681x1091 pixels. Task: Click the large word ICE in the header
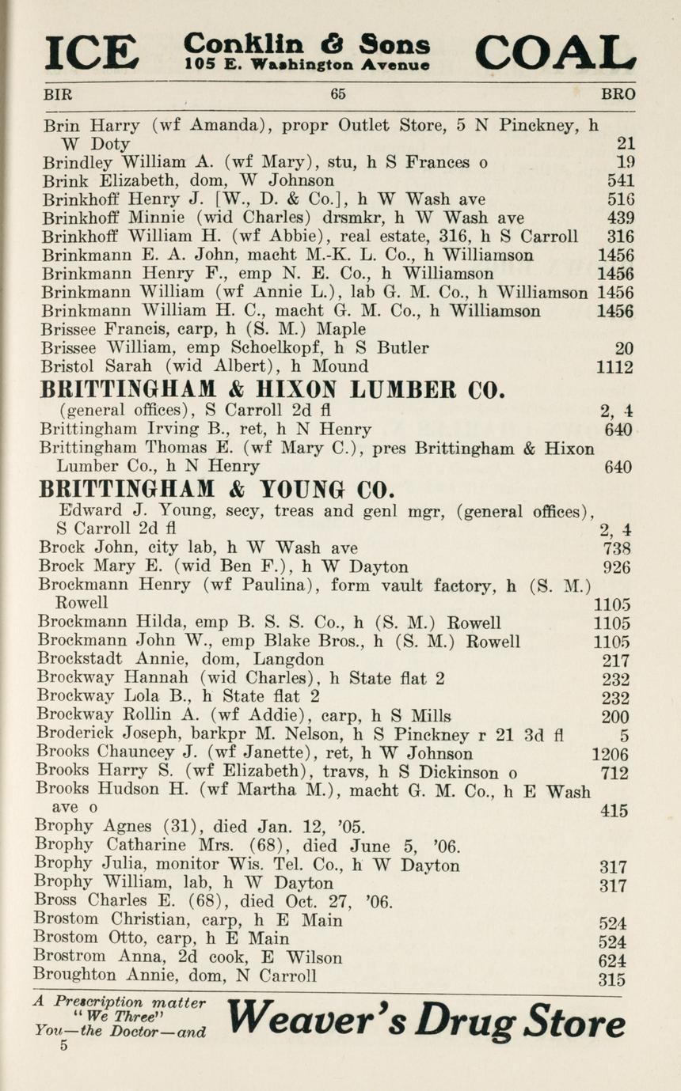point(92,52)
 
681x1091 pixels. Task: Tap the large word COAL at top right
point(555,52)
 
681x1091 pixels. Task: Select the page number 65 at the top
point(338,94)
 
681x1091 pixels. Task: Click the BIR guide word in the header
point(58,94)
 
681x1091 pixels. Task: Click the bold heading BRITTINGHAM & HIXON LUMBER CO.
point(272,390)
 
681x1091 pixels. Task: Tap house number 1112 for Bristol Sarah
point(614,367)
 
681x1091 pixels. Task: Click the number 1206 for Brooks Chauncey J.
point(611,754)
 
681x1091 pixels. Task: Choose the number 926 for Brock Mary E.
point(616,567)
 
